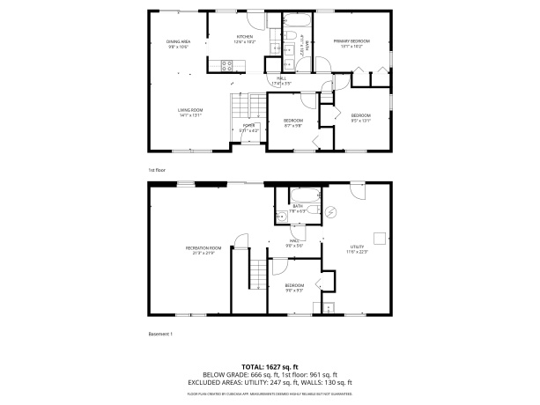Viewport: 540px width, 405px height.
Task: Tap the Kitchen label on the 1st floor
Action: pos(244,39)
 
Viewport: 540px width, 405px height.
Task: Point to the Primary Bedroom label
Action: pos(351,43)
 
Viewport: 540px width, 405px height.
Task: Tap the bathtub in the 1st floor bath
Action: pos(294,22)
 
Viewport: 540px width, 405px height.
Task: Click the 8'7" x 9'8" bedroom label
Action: pos(292,122)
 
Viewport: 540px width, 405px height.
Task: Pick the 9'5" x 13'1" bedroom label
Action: pos(361,118)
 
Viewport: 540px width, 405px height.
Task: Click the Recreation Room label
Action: pos(203,250)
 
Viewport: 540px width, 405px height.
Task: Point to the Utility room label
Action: pos(357,249)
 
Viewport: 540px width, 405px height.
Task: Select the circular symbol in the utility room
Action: pos(331,212)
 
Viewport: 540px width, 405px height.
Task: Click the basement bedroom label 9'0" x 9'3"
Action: pos(293,288)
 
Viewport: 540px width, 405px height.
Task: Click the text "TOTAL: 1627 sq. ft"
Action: pos(270,366)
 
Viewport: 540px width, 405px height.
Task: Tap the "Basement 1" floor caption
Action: pos(159,334)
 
